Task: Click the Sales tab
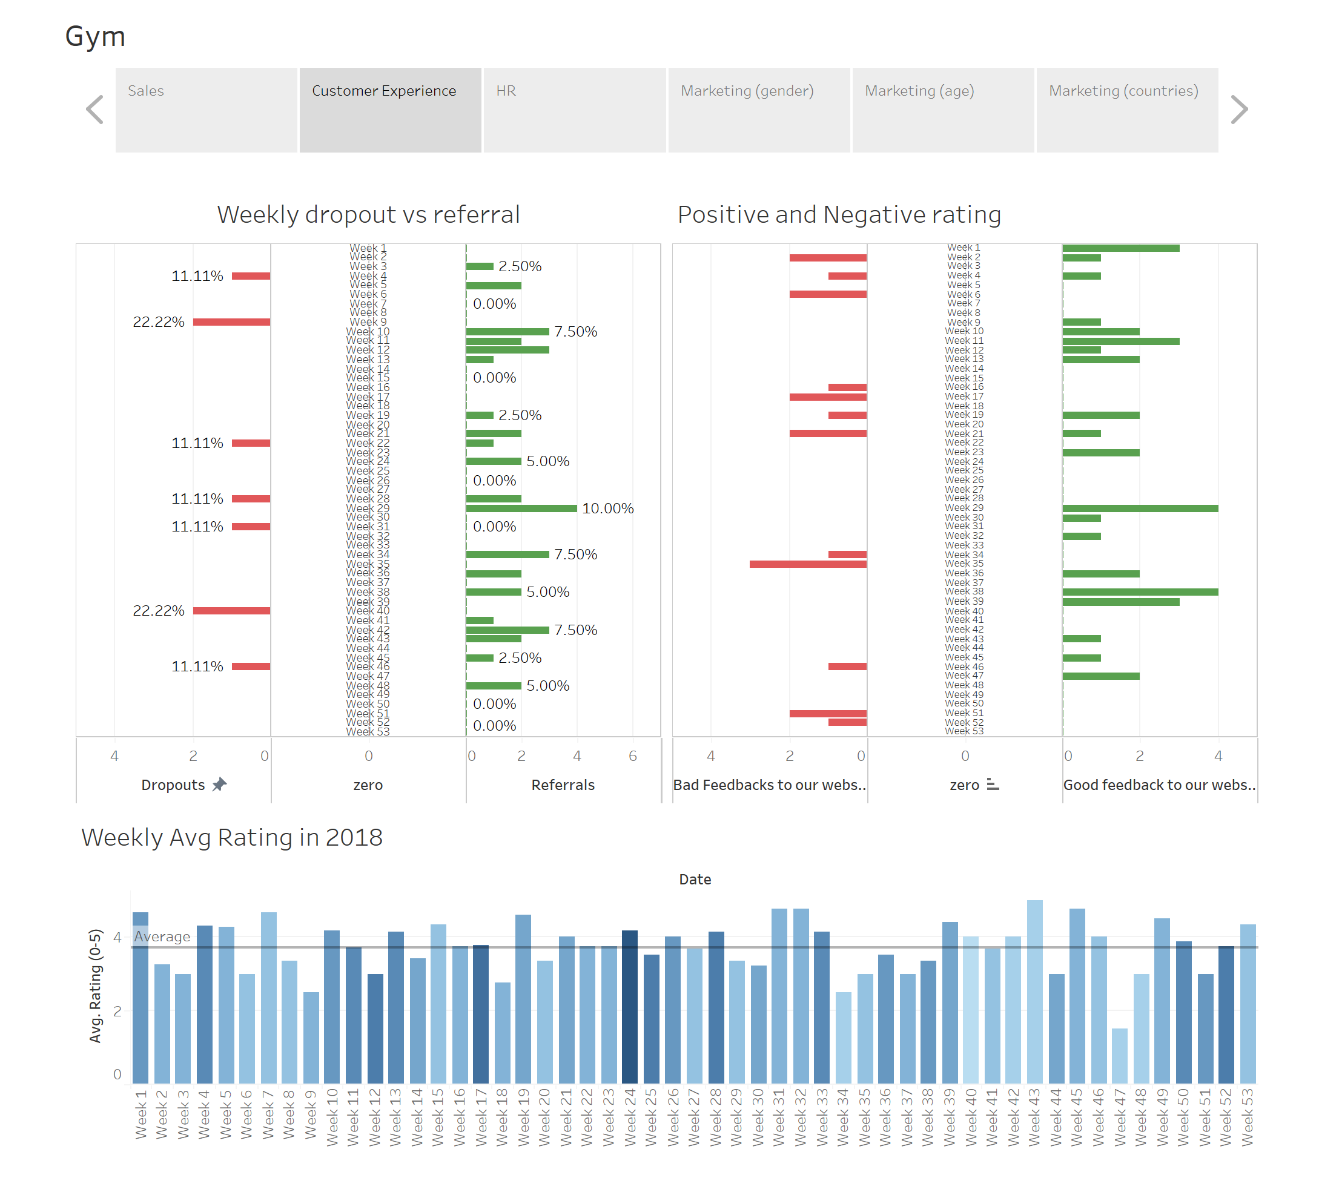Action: [206, 110]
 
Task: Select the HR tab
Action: [574, 110]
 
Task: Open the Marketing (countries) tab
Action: [1126, 110]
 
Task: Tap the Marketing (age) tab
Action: [942, 110]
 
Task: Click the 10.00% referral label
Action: [607, 508]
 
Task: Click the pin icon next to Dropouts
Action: [219, 784]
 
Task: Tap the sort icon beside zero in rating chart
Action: [993, 784]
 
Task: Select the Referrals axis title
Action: [563, 785]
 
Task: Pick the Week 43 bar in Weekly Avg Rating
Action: [1034, 991]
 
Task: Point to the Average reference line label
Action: [162, 936]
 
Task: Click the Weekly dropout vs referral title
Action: [368, 214]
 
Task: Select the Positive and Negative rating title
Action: [839, 214]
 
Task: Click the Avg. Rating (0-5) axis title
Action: [96, 985]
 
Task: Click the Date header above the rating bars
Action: [695, 879]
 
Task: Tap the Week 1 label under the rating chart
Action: [140, 1114]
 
